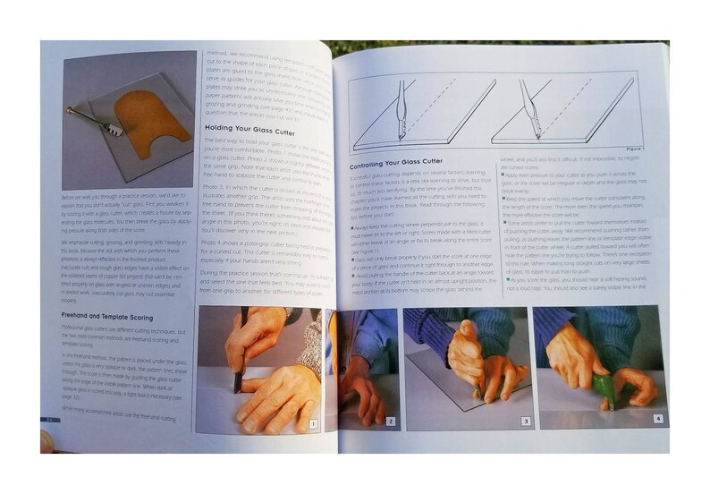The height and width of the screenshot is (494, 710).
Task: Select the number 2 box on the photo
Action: pos(390,420)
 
